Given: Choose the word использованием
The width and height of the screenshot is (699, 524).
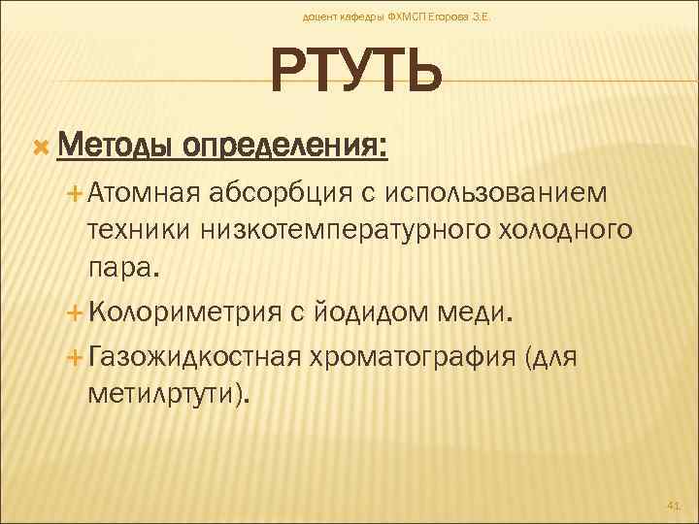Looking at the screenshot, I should (497, 193).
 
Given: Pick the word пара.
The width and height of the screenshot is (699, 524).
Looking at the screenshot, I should (120, 267).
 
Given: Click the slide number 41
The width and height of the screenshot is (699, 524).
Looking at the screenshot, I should (674, 505).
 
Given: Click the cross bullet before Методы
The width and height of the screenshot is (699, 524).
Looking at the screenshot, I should (41, 147).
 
